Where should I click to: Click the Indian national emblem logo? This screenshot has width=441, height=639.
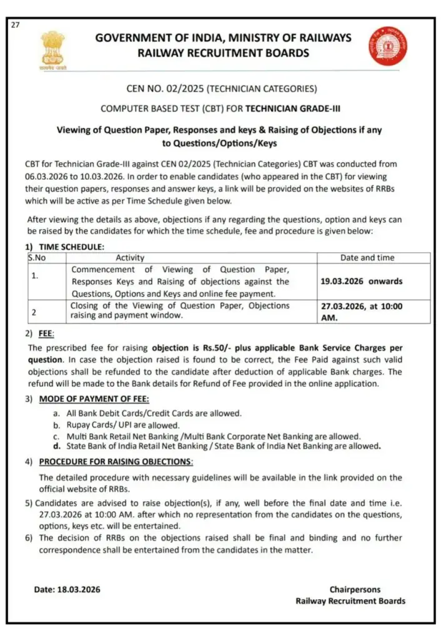pos(53,49)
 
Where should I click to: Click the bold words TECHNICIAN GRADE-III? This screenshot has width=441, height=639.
pos(293,109)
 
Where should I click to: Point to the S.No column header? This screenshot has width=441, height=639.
pos(37,258)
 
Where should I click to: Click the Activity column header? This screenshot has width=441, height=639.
pos(130,258)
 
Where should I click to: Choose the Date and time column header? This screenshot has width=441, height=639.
pos(367,258)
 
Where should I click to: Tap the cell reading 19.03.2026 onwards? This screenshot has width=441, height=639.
pos(361,281)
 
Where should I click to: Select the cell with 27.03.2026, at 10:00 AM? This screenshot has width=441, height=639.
pos(361,311)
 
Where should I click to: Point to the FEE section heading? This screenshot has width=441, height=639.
pos(47,334)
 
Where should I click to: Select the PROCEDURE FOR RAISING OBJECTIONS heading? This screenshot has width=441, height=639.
pos(116,462)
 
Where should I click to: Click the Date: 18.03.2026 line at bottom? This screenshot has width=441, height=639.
pos(67,589)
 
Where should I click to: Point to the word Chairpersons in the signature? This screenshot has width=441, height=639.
pos(355,589)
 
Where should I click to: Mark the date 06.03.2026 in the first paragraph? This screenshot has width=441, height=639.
pos(47,177)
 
